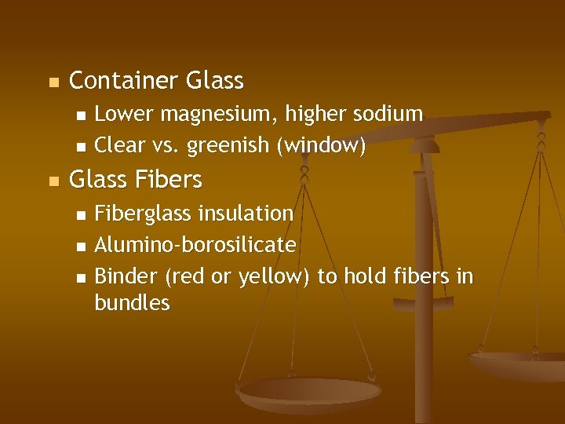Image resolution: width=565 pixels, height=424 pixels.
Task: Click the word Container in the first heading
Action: click(x=124, y=81)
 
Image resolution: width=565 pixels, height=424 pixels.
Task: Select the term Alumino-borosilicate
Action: click(x=195, y=246)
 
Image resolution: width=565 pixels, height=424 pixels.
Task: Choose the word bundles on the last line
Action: click(x=132, y=303)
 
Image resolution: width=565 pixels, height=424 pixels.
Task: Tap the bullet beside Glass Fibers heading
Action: click(x=53, y=181)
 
